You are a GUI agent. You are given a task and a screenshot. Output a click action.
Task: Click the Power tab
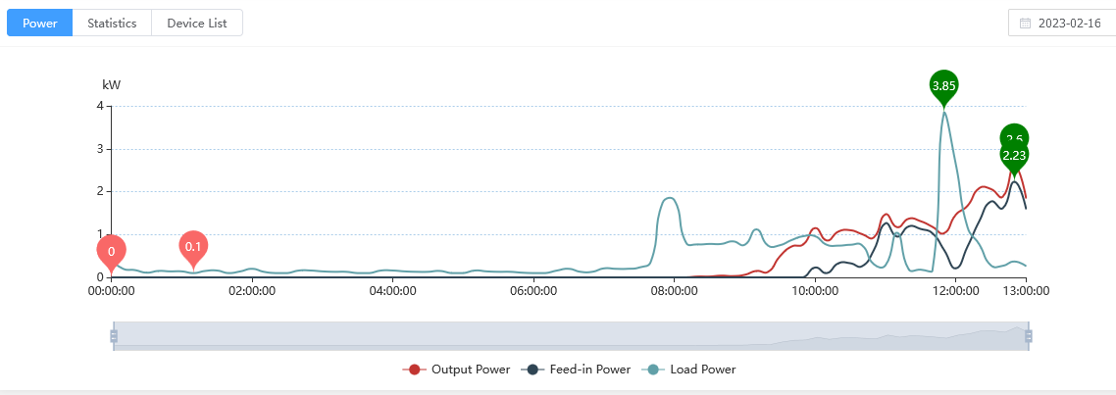coord(39,23)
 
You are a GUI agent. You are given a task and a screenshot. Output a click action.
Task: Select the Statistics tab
coord(112,23)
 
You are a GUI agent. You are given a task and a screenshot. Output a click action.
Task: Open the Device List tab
coord(196,23)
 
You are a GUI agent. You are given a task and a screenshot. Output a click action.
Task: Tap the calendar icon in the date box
coord(1026,23)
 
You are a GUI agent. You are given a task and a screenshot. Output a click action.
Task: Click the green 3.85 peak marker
coord(943,86)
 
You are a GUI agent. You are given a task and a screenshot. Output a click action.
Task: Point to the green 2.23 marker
coord(1014,155)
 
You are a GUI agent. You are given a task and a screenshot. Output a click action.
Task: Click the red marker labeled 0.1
coord(193,246)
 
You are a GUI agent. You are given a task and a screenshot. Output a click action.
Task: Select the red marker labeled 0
coord(111,251)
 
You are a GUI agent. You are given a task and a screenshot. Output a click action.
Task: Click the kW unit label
coord(111,85)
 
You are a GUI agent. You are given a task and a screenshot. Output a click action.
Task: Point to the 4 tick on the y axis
coord(99,106)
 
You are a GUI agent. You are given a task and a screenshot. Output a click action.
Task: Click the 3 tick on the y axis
coord(99,149)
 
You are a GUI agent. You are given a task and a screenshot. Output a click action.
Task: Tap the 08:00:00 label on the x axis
coord(675,291)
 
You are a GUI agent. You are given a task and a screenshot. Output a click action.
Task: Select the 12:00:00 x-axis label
coord(956,291)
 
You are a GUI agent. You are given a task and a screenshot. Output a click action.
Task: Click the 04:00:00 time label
coord(392,291)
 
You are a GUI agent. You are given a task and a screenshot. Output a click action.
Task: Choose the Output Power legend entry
coord(457,370)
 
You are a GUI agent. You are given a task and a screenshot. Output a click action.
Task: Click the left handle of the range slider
coord(114,336)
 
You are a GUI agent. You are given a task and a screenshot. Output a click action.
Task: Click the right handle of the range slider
coord(1029,336)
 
